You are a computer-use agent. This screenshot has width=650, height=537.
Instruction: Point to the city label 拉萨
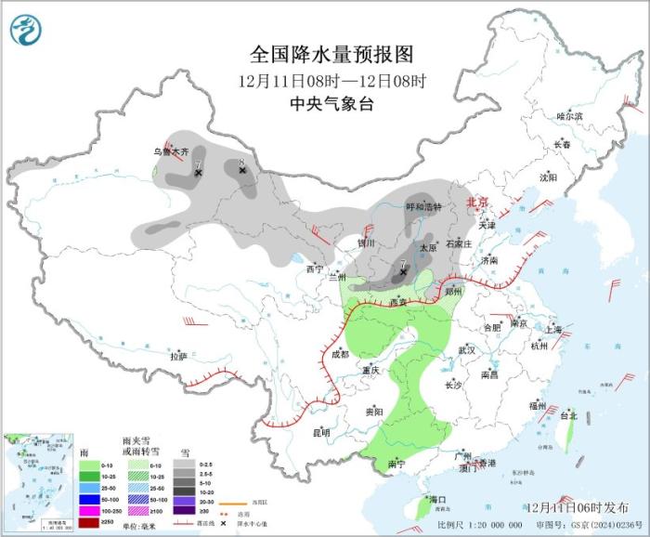tap(178, 356)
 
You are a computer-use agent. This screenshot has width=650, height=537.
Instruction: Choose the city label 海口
tap(437, 500)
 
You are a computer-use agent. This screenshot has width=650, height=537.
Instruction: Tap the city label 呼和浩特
tap(424, 207)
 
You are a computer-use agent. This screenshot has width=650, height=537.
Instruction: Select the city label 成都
tap(339, 354)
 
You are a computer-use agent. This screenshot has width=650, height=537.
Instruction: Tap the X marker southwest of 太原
tap(402, 273)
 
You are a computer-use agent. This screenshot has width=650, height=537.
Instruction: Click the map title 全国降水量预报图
tap(331, 54)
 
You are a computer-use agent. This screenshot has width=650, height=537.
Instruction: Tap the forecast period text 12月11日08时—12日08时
tap(331, 79)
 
